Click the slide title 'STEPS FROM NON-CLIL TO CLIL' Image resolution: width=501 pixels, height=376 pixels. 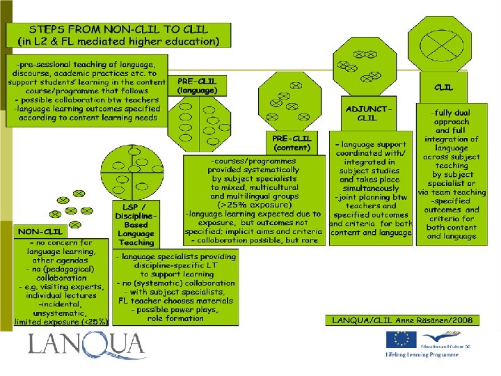click(118, 29)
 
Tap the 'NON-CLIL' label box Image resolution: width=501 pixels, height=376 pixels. click(40, 230)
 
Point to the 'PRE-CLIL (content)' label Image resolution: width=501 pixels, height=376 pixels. click(292, 143)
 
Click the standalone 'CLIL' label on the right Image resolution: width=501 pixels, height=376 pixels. click(443, 88)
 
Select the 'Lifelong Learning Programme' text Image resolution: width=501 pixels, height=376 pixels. click(422, 355)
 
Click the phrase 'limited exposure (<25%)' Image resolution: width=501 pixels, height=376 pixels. click(61, 322)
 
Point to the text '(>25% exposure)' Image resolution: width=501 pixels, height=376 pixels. click(253, 205)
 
